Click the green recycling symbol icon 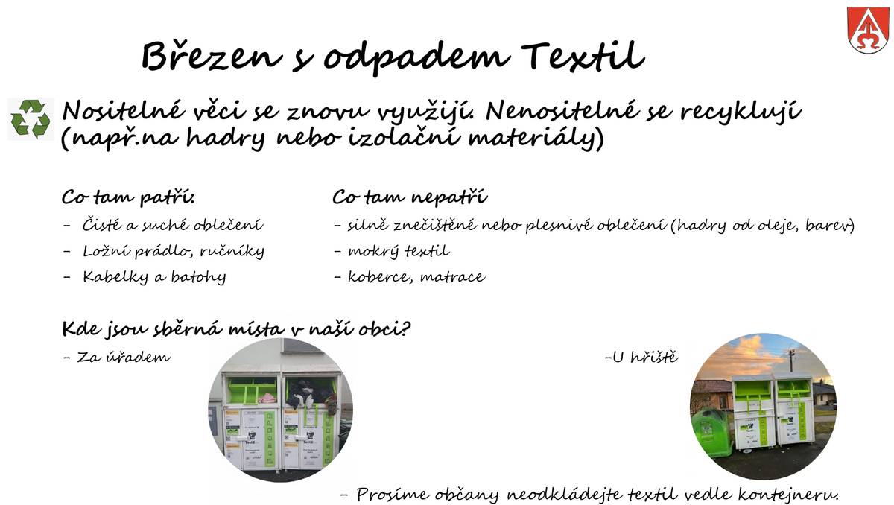click(x=31, y=119)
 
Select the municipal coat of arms click(x=867, y=30)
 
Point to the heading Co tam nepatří click(x=409, y=199)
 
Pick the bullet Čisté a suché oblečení click(x=172, y=225)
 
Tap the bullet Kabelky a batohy click(x=153, y=277)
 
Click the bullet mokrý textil click(x=398, y=251)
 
